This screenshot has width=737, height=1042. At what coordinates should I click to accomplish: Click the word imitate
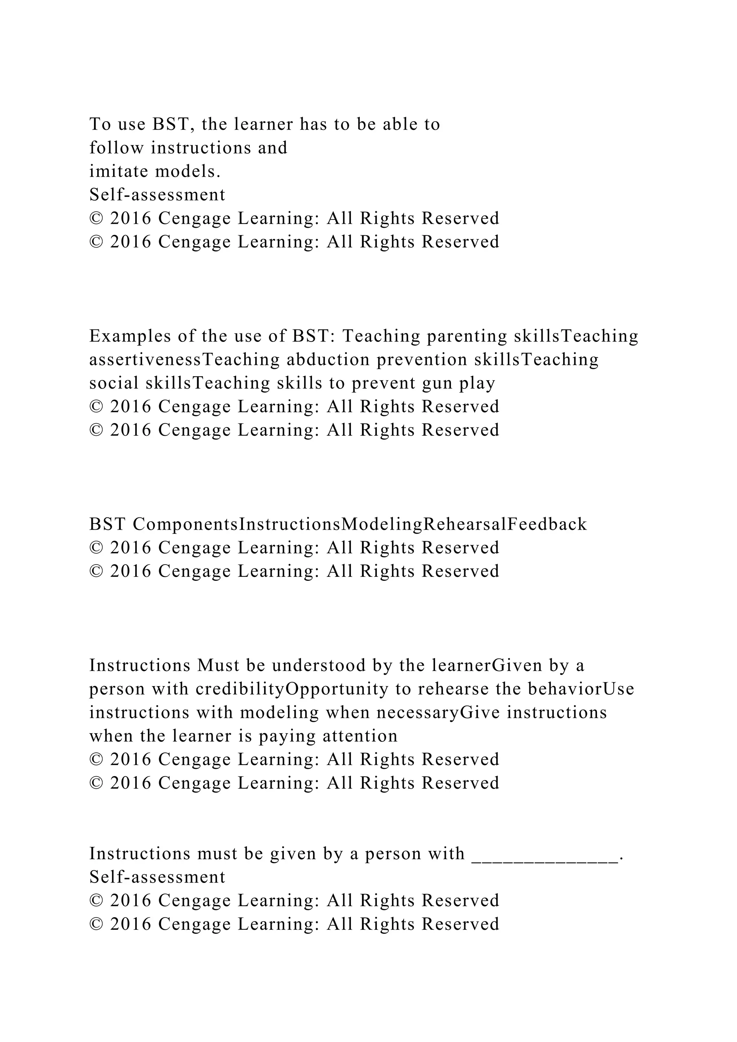119,172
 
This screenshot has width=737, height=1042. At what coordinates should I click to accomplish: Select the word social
114,384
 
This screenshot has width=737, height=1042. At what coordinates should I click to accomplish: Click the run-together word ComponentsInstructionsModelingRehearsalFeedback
360,525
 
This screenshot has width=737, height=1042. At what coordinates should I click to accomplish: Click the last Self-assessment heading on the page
157,878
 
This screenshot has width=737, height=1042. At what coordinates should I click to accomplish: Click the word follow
117,148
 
